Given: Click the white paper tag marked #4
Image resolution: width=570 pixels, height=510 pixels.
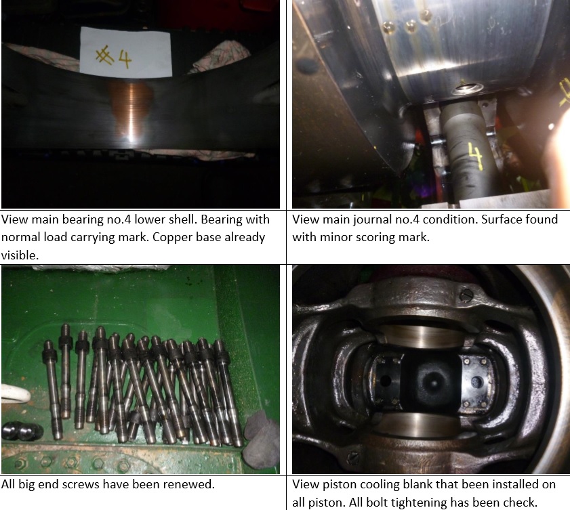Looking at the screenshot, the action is (x=125, y=52).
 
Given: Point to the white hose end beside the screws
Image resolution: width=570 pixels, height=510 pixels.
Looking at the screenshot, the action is (x=16, y=394).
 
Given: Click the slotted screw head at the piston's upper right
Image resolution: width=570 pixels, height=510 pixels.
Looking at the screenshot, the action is (x=467, y=295).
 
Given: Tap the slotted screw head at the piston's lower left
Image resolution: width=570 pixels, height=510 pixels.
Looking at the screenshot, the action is (x=353, y=457).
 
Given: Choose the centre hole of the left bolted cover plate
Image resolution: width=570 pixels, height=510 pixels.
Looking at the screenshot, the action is (x=386, y=381).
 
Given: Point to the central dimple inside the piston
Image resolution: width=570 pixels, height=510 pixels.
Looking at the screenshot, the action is (x=432, y=383).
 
